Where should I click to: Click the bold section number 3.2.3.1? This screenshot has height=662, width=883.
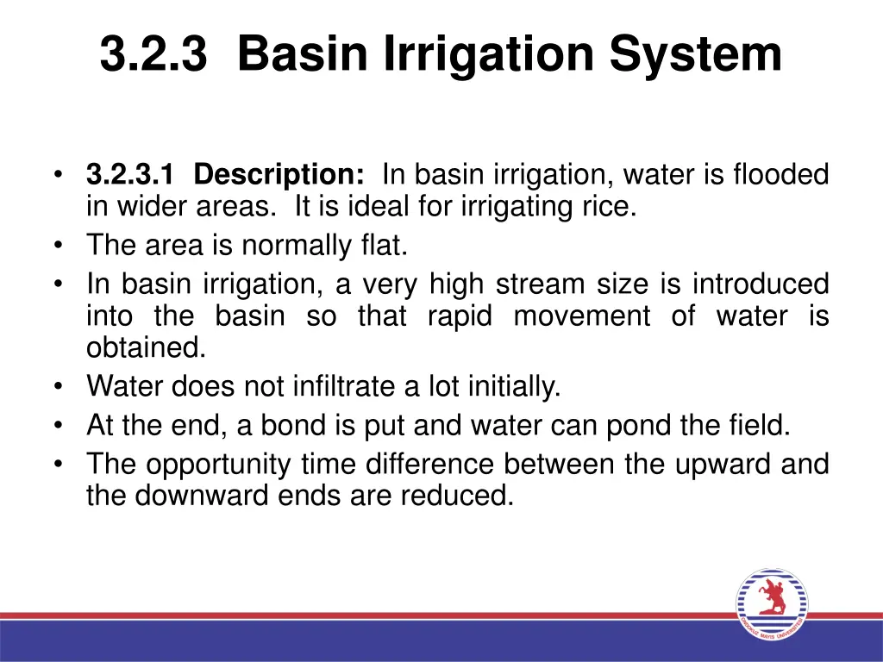130,175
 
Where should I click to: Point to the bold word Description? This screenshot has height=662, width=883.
279,175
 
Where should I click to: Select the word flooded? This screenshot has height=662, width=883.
780,175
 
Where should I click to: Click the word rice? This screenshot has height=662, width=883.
612,208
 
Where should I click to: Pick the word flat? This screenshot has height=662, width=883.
385,246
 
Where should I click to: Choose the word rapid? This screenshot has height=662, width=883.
459,316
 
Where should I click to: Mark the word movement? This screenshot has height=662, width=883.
582,316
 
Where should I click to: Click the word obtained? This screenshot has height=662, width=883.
146,348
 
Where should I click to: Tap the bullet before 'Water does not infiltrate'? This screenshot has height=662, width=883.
58,387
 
